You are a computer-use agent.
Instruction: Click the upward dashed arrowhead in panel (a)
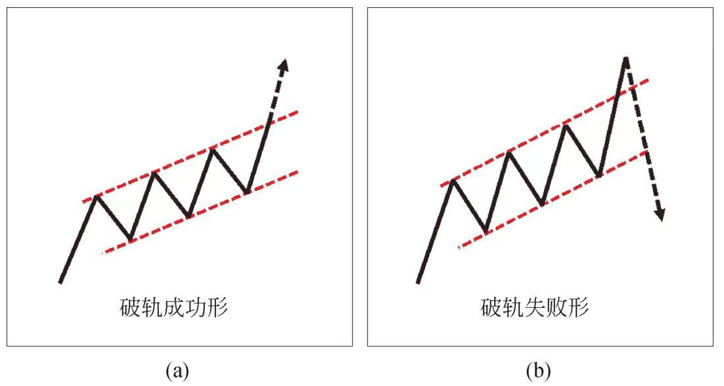tap(284, 65)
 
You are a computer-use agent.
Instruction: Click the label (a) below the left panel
tap(177, 370)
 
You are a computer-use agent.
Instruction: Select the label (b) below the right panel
tap(538, 370)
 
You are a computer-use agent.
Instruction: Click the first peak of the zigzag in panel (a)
tap(96, 196)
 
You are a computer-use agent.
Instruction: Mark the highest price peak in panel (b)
tap(625, 58)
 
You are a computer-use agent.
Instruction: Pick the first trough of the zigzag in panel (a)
tap(131, 240)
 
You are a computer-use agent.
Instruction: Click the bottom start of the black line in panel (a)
tap(60, 282)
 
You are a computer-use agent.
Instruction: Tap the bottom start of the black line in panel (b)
tap(418, 282)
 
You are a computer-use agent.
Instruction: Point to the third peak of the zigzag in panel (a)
tap(212, 149)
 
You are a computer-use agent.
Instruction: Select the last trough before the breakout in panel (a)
tap(247, 192)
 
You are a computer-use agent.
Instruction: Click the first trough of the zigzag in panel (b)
tap(486, 232)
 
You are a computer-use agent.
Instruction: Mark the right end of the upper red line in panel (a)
tap(298, 112)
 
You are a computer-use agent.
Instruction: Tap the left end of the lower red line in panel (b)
tap(459, 247)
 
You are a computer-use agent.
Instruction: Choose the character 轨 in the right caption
tap(513, 308)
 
